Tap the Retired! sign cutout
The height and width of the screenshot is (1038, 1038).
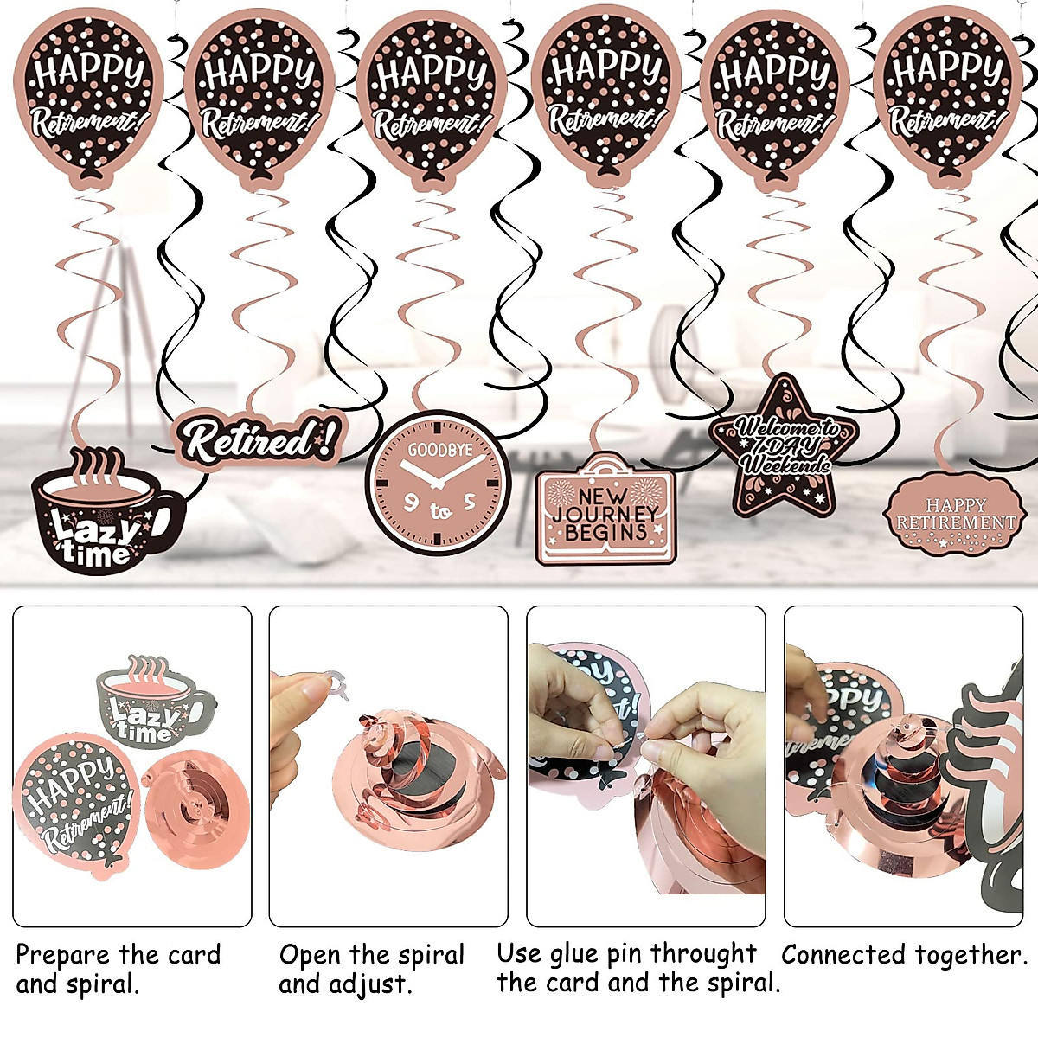tap(259, 439)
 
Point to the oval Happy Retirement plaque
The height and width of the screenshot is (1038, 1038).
tap(954, 515)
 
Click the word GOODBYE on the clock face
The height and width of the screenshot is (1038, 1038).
tap(440, 450)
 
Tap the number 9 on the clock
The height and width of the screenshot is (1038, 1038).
tap(412, 503)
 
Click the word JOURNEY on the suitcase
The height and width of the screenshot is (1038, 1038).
tap(605, 514)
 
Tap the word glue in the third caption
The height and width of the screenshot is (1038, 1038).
tap(577, 954)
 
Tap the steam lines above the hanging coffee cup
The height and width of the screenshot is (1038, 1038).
tap(95, 467)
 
